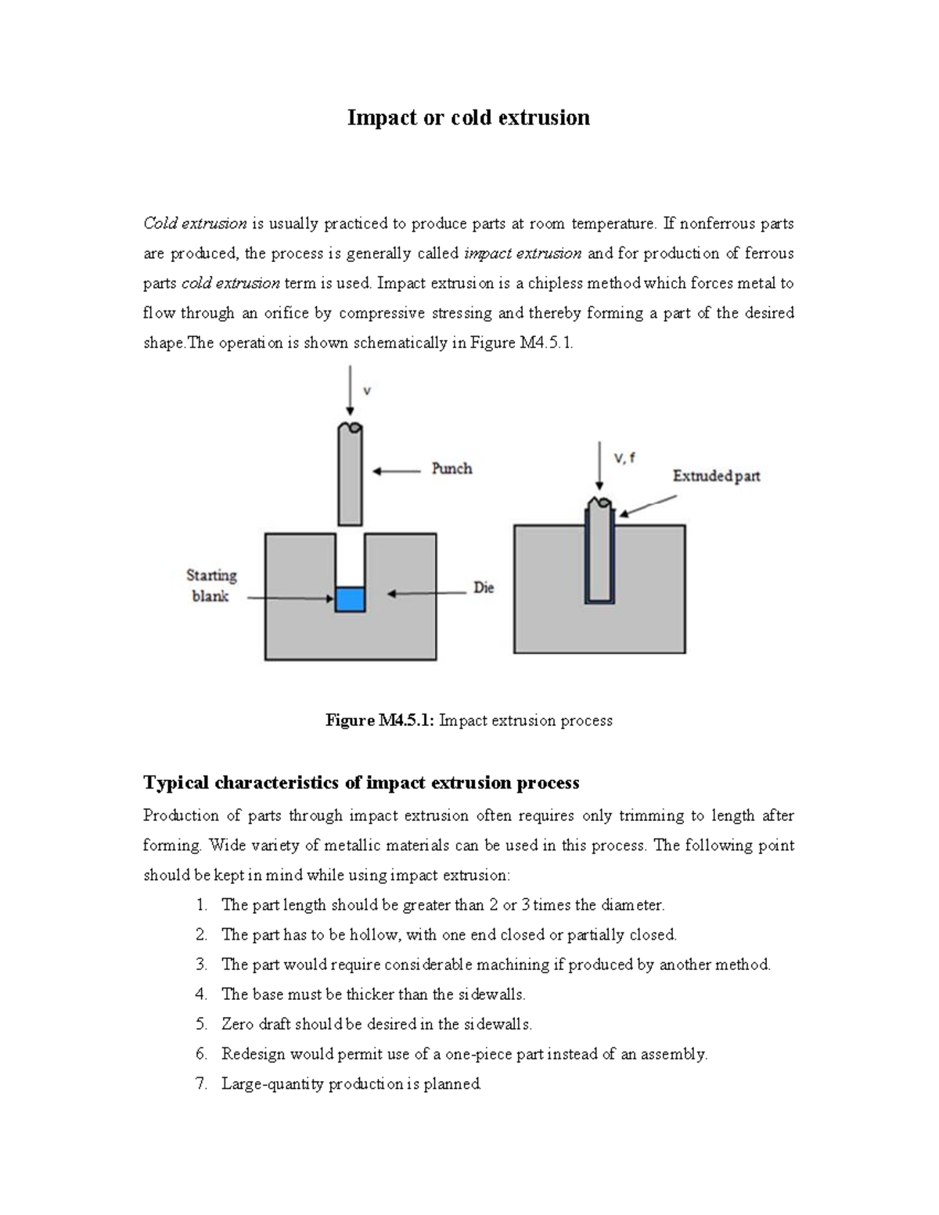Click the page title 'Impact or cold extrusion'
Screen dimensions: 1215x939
point(468,117)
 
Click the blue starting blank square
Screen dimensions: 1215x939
point(350,599)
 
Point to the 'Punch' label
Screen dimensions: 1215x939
point(452,469)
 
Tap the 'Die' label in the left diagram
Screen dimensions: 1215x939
point(484,588)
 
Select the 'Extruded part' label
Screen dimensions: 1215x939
point(716,476)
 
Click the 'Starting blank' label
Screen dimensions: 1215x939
point(210,585)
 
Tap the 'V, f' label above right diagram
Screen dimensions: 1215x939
point(624,458)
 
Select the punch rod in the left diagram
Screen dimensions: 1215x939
point(350,477)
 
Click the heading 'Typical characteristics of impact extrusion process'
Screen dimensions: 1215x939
point(361,782)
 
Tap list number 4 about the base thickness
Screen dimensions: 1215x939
point(201,994)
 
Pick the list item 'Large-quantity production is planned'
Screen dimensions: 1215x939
point(351,1084)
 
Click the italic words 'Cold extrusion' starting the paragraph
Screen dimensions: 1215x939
point(195,224)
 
